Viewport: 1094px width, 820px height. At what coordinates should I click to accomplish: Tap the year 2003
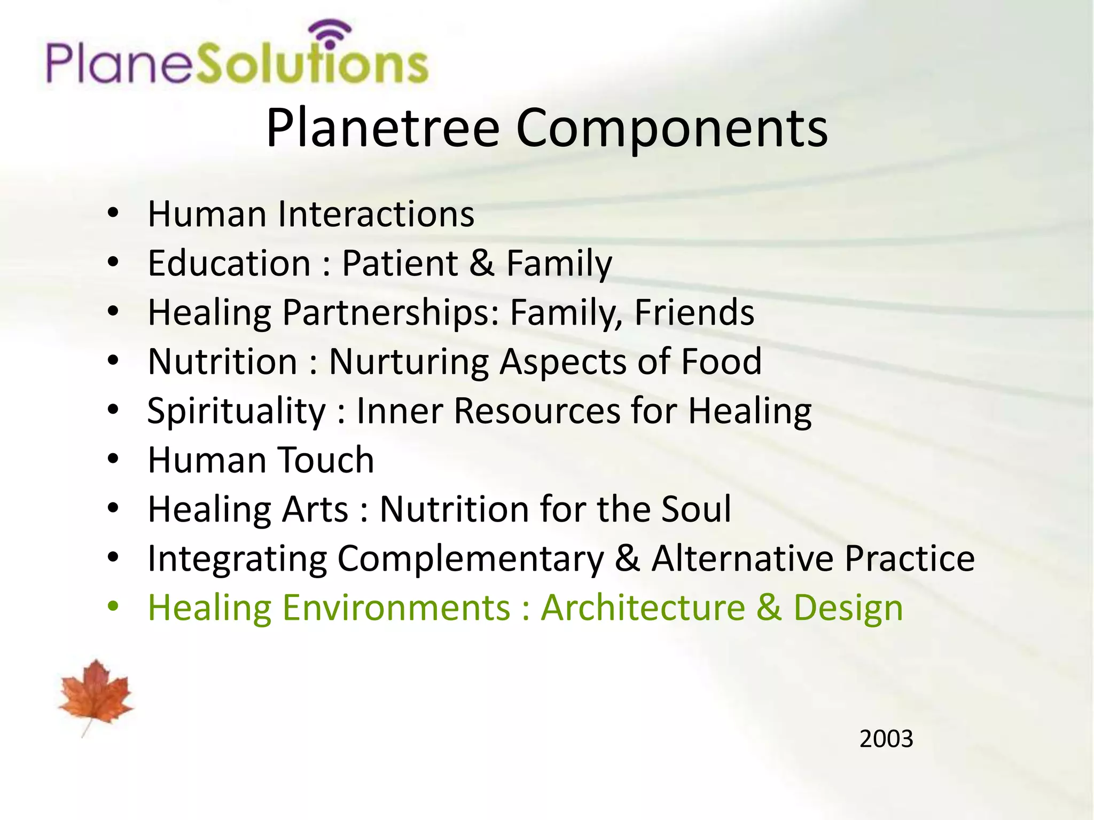(x=886, y=739)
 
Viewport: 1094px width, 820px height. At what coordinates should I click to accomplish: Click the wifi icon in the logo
(x=332, y=33)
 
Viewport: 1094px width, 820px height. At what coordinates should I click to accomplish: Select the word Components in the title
(x=671, y=128)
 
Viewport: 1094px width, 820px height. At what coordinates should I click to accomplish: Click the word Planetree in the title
(x=382, y=128)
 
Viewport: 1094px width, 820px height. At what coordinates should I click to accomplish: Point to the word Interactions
(x=376, y=214)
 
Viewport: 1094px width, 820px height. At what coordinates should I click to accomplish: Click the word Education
(x=229, y=263)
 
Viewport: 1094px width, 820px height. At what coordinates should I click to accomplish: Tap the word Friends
(x=694, y=312)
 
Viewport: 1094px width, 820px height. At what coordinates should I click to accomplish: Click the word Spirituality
(x=236, y=411)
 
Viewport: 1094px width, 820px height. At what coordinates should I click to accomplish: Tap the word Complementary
(x=470, y=559)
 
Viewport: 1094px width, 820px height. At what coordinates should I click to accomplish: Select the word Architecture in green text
(x=643, y=608)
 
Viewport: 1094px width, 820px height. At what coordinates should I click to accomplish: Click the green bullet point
(x=113, y=606)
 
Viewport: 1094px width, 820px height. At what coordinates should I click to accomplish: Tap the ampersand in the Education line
(x=482, y=263)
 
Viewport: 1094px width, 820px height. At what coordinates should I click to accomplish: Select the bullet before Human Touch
(x=113, y=459)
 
